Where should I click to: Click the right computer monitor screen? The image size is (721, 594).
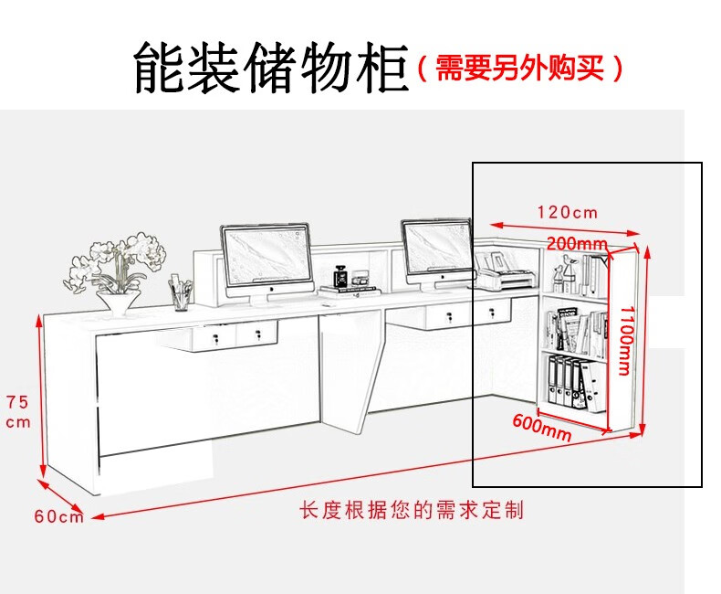click(437, 248)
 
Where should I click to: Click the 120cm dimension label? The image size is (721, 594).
click(567, 212)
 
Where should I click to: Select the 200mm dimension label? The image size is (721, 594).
click(577, 244)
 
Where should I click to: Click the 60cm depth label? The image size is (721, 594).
click(58, 515)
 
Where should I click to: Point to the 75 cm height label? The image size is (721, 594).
click(18, 411)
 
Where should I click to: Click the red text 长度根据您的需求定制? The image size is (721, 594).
click(413, 510)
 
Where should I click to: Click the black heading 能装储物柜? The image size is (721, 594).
click(271, 67)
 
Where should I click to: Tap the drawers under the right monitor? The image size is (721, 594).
click(468, 315)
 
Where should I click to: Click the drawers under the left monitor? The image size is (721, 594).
click(236, 335)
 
